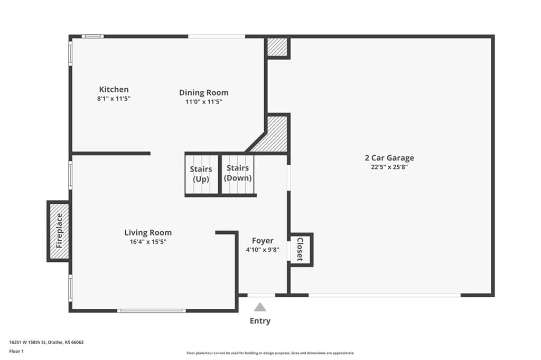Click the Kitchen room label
coord(114,89)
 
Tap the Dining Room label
coord(203,93)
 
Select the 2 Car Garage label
coord(389,158)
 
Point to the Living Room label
coord(148,233)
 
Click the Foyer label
coord(263,241)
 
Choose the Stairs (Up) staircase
coord(202,175)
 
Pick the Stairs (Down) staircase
coord(238,175)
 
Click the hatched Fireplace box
coord(59,231)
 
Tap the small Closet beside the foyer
coord(301,249)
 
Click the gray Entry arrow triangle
coord(260,307)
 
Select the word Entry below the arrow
coord(260,321)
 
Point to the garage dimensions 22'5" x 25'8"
coord(389,167)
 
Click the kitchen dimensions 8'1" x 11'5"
coord(114,99)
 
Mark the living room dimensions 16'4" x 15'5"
coord(148,242)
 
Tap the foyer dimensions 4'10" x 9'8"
coord(263,250)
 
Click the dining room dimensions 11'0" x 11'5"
coord(203,102)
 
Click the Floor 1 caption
coord(16,352)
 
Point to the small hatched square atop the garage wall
coord(277,47)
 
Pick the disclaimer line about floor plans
coord(270,353)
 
